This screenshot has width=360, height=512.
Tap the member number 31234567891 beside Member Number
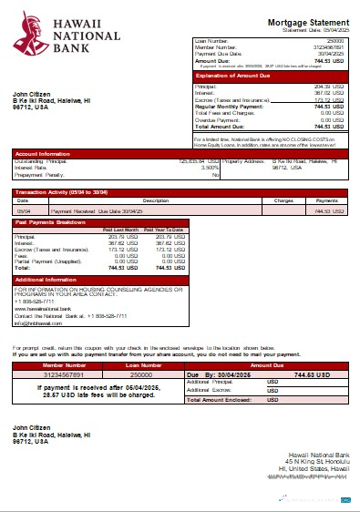point(328,47)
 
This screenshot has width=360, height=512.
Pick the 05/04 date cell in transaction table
point(23,210)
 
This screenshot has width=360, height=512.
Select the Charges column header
point(283,200)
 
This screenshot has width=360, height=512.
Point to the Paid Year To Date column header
point(165,230)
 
